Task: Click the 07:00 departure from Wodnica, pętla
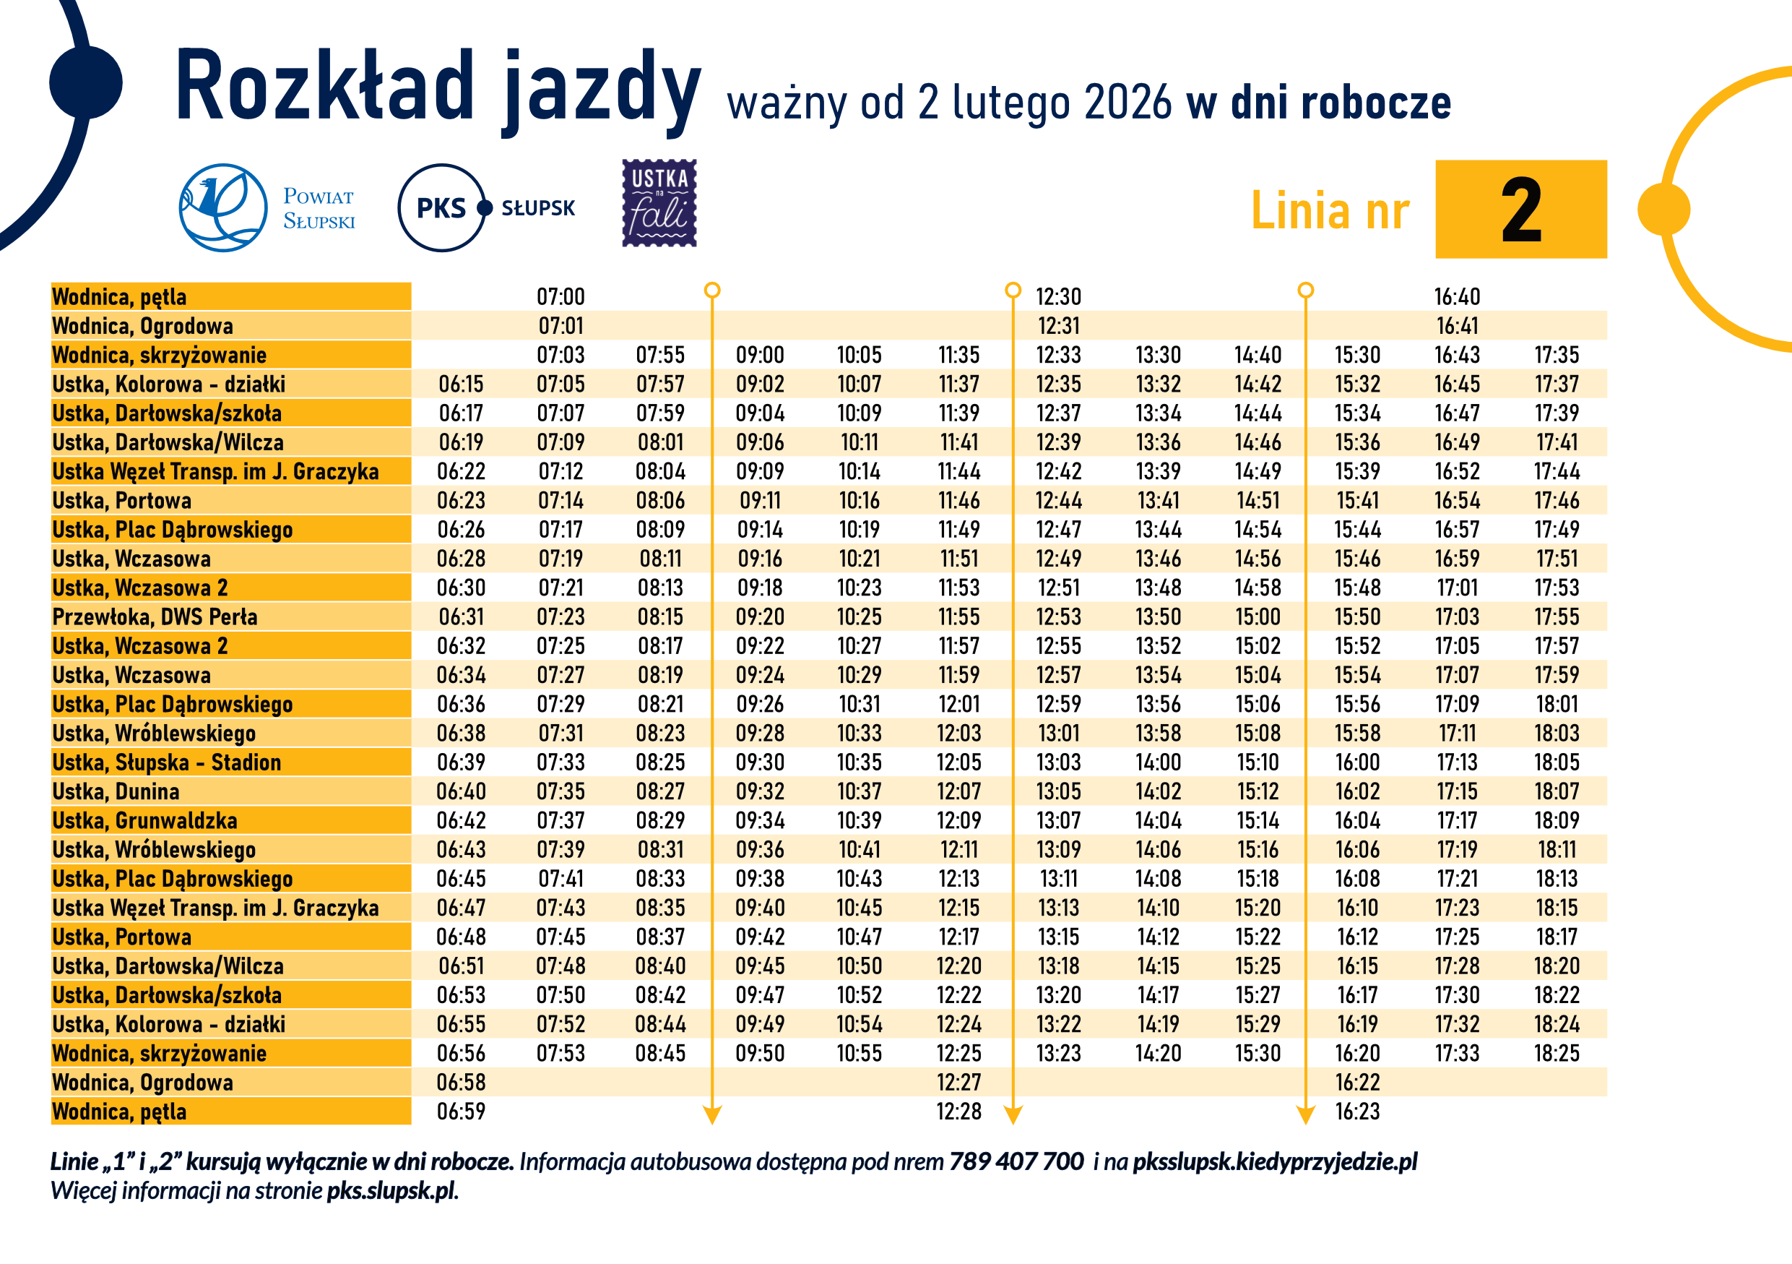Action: (560, 297)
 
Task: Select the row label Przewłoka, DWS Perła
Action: (155, 616)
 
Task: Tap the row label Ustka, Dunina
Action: (116, 791)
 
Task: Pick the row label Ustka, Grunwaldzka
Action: (144, 820)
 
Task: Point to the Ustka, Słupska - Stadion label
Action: (166, 762)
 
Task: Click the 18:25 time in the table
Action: (1557, 1053)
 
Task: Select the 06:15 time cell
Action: (461, 384)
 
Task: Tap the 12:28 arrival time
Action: (958, 1112)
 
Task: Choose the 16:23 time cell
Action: (1356, 1112)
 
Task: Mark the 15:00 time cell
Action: (1258, 616)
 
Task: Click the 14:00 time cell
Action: (1159, 762)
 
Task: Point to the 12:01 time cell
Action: (958, 704)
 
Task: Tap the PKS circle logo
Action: (442, 207)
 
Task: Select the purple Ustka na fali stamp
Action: (659, 203)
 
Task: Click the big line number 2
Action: (1520, 210)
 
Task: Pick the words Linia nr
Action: (1330, 211)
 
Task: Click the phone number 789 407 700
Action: (1016, 1161)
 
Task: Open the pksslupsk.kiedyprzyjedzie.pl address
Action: (1275, 1161)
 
